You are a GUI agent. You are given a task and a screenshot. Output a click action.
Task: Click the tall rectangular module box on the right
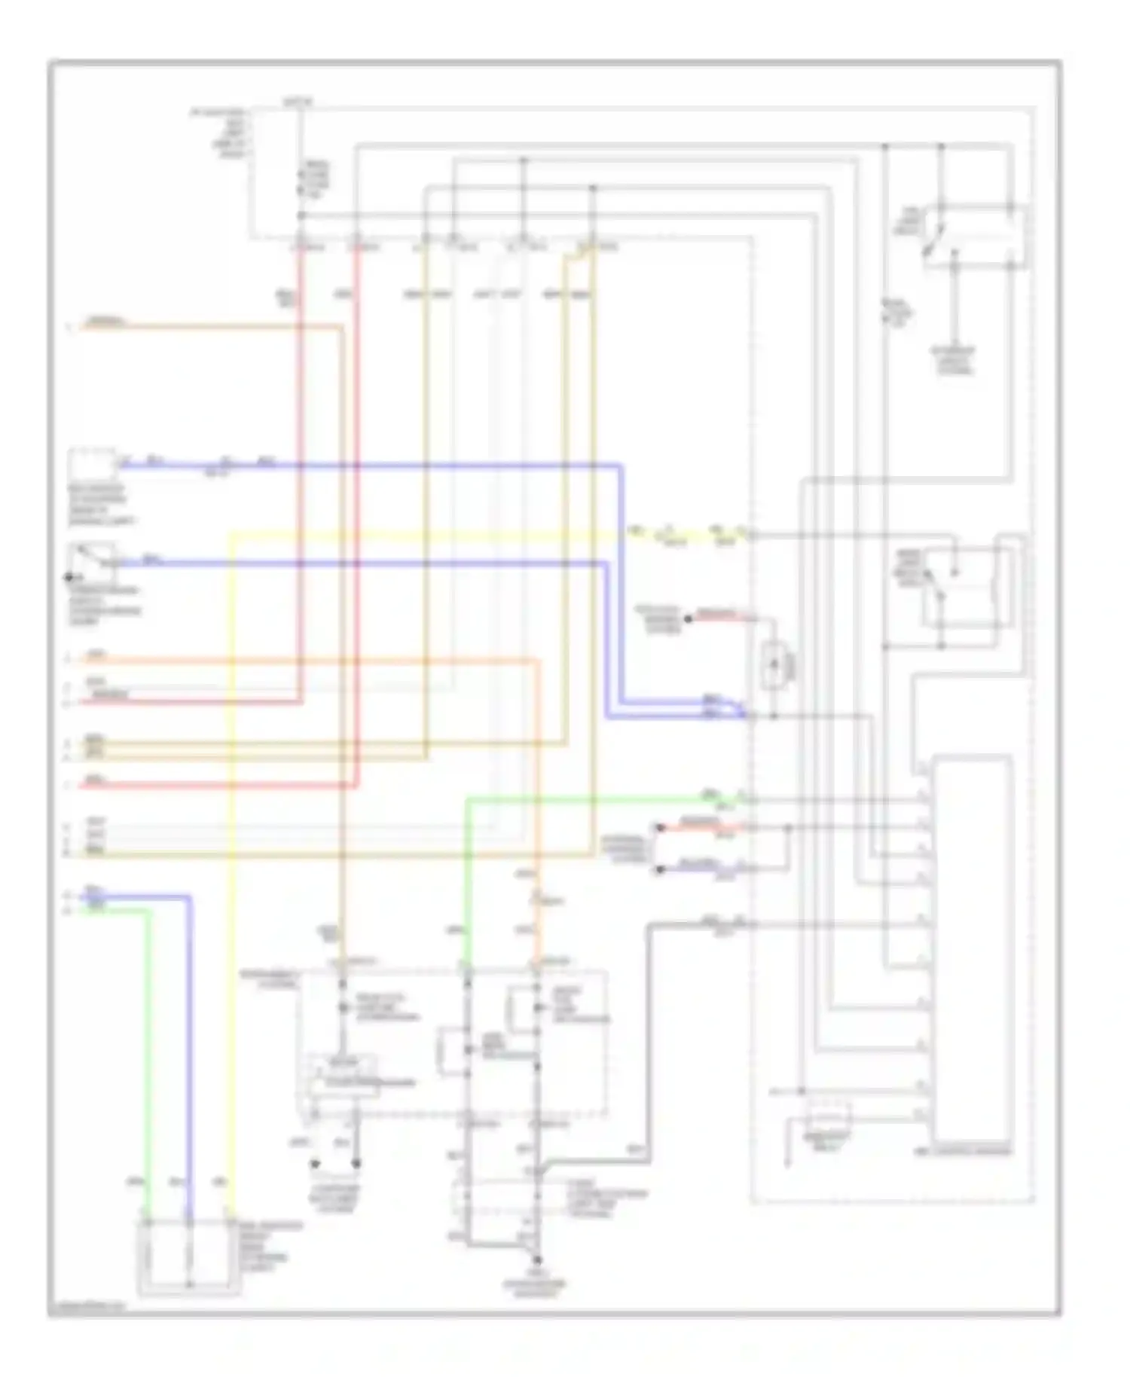(x=972, y=949)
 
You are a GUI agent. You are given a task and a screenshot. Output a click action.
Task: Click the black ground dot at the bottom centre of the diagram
(x=537, y=1260)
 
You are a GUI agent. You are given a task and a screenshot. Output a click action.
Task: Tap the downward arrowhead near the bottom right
(x=788, y=1165)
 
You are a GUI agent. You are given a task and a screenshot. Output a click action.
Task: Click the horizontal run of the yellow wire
(x=422, y=535)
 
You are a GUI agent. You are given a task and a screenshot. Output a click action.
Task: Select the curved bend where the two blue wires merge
(x=734, y=707)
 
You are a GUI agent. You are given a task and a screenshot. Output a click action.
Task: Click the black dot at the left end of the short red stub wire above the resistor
(x=687, y=619)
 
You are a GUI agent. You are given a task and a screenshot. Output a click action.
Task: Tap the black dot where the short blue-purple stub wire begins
(x=660, y=870)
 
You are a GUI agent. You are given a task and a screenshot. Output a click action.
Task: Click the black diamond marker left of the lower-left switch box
(x=69, y=578)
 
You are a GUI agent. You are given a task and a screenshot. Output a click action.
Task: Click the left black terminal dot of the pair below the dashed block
(x=315, y=1164)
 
